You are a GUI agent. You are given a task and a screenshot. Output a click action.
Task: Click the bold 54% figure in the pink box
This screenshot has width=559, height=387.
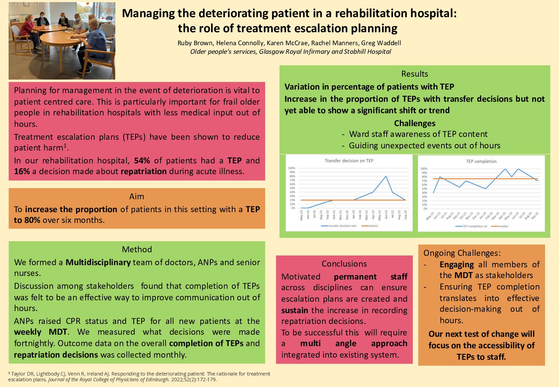coord(142,161)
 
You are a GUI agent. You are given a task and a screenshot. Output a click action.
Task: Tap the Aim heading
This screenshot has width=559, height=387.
coord(137,196)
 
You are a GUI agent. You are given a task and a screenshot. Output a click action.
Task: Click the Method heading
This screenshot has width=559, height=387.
coord(137,249)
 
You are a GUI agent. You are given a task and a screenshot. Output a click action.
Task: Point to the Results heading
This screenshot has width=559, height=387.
coord(415,74)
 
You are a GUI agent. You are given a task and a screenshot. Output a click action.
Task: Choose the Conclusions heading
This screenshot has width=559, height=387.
coord(344,264)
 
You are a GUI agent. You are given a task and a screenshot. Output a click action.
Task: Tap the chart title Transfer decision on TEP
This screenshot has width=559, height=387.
coord(349,161)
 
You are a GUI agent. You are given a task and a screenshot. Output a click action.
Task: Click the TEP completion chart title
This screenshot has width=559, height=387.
coord(481,161)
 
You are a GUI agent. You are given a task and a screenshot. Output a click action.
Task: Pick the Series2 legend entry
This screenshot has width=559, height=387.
coord(373,226)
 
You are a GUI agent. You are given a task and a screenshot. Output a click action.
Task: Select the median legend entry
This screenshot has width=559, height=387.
coord(503,226)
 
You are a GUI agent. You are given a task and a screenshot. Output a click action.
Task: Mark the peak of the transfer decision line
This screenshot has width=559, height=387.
coord(386,176)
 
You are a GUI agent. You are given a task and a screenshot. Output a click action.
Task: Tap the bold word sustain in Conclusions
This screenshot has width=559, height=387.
coord(295,310)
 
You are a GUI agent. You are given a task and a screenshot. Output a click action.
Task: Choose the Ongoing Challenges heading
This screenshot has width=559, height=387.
coord(462,253)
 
